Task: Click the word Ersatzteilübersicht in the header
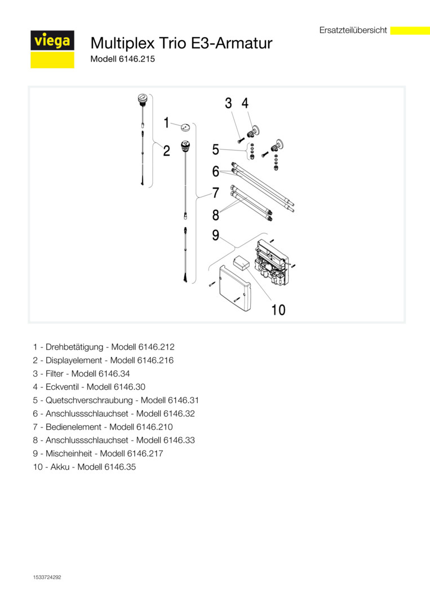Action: (x=353, y=30)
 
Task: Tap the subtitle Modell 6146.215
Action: (x=123, y=59)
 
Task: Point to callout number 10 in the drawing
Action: (x=278, y=310)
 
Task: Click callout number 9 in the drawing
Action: (x=215, y=235)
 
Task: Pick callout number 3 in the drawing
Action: (x=228, y=103)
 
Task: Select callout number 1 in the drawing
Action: (x=166, y=122)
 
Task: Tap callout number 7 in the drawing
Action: (x=215, y=192)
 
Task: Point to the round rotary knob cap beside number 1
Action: (x=185, y=128)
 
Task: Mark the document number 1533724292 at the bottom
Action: (x=47, y=577)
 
